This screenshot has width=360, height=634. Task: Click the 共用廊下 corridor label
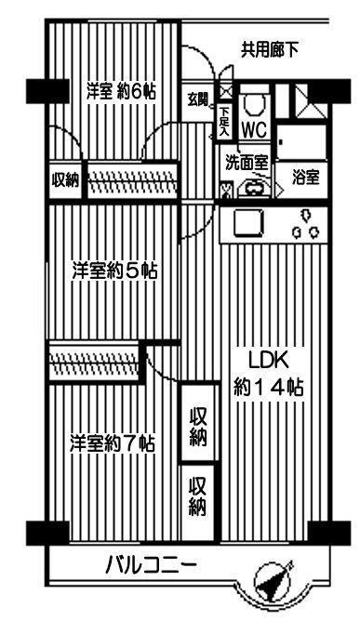tap(270, 48)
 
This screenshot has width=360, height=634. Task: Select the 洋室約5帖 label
tap(115, 271)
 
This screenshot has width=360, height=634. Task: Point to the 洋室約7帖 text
tap(112, 443)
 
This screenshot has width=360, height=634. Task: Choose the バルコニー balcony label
tap(150, 564)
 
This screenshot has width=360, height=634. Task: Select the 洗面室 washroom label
tap(247, 160)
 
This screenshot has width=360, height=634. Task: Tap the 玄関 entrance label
tap(197, 99)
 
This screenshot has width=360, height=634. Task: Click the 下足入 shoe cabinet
tap(224, 122)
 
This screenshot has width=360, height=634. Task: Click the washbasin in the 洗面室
tap(253, 189)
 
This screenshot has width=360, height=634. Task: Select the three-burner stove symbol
tap(305, 227)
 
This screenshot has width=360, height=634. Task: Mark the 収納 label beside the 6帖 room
tap(65, 179)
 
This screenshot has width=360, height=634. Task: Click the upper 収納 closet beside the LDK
tap(197, 426)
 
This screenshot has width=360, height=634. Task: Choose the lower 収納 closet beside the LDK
tap(197, 496)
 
